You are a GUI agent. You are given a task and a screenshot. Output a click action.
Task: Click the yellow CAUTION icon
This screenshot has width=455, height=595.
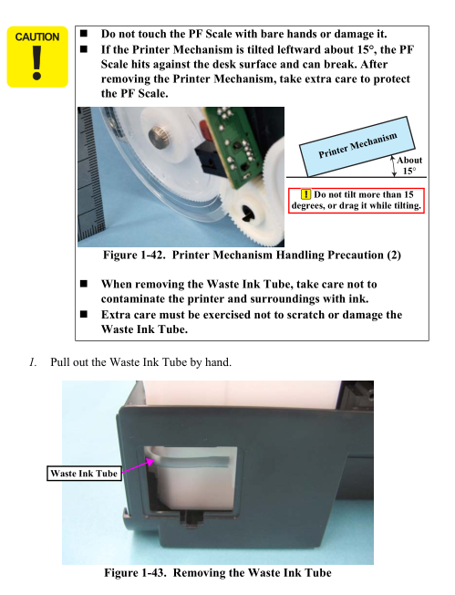(x=37, y=57)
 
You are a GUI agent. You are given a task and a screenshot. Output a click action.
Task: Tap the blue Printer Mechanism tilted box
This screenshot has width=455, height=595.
(x=357, y=147)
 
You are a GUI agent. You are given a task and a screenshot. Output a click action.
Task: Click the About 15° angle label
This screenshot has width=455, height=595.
(x=409, y=165)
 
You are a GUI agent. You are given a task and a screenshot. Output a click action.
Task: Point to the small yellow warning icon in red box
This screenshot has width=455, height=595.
(x=305, y=194)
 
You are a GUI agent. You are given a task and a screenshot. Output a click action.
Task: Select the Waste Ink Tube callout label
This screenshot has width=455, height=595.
(x=84, y=474)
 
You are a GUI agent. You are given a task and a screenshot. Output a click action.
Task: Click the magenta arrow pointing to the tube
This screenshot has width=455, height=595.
(x=138, y=466)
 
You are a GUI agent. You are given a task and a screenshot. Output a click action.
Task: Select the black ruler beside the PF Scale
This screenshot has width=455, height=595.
(x=91, y=176)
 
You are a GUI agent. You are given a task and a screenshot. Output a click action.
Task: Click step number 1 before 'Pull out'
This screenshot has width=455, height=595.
(x=33, y=362)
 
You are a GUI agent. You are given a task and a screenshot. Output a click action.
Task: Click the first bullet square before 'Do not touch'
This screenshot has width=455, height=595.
(x=84, y=34)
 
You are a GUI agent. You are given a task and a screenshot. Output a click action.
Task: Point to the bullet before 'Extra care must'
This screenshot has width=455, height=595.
(x=84, y=314)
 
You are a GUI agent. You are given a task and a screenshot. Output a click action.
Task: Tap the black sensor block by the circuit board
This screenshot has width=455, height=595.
(x=207, y=161)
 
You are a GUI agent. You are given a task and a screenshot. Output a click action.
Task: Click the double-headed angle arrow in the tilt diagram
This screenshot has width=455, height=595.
(x=394, y=166)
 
